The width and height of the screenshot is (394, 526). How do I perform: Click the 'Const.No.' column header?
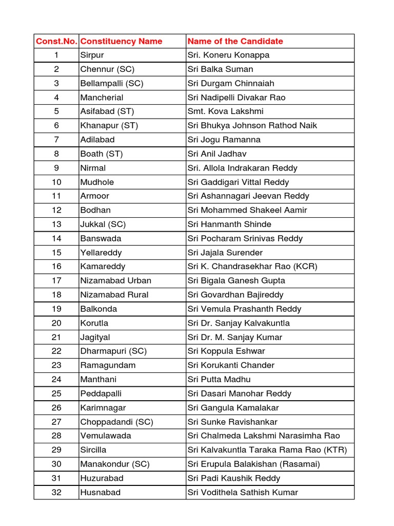pos(56,41)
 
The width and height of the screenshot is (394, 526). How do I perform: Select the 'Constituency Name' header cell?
pos(121,41)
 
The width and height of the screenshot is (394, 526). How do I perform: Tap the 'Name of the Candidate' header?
pos(235,41)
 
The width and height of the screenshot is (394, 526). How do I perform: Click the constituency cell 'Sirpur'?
pos(92,55)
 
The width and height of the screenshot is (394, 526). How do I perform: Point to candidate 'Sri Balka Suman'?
pos(220,69)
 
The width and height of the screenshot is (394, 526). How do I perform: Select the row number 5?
pos(56,111)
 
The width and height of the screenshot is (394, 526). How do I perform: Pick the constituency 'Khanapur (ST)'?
pos(109,125)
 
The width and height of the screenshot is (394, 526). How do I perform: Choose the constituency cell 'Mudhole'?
pos(97,182)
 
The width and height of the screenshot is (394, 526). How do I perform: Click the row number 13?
pos(56,224)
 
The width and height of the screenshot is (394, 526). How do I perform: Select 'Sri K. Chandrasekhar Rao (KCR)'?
pos(252,266)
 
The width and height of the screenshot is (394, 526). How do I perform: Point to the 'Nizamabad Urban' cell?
pos(115,280)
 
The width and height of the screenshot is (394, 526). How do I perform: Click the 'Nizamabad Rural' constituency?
pos(114,294)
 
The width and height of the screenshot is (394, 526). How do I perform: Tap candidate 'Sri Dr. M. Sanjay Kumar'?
pos(234,337)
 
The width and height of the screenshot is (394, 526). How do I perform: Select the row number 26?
pos(56,407)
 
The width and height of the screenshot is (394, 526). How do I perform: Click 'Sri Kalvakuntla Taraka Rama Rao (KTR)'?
pos(267,450)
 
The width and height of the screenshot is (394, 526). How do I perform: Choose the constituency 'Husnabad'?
pos(100,492)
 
